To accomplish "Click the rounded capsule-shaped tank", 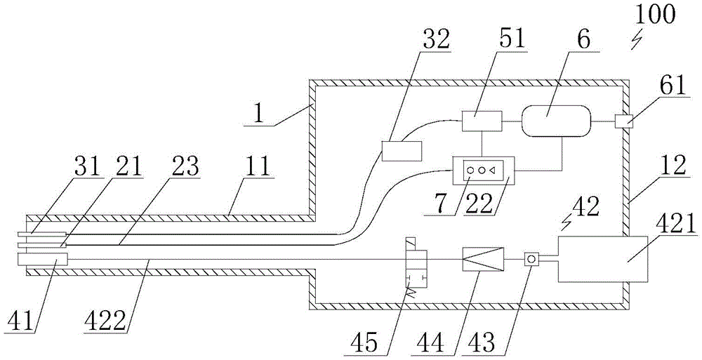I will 555,121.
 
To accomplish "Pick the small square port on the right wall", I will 622,121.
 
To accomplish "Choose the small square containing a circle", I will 532,260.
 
